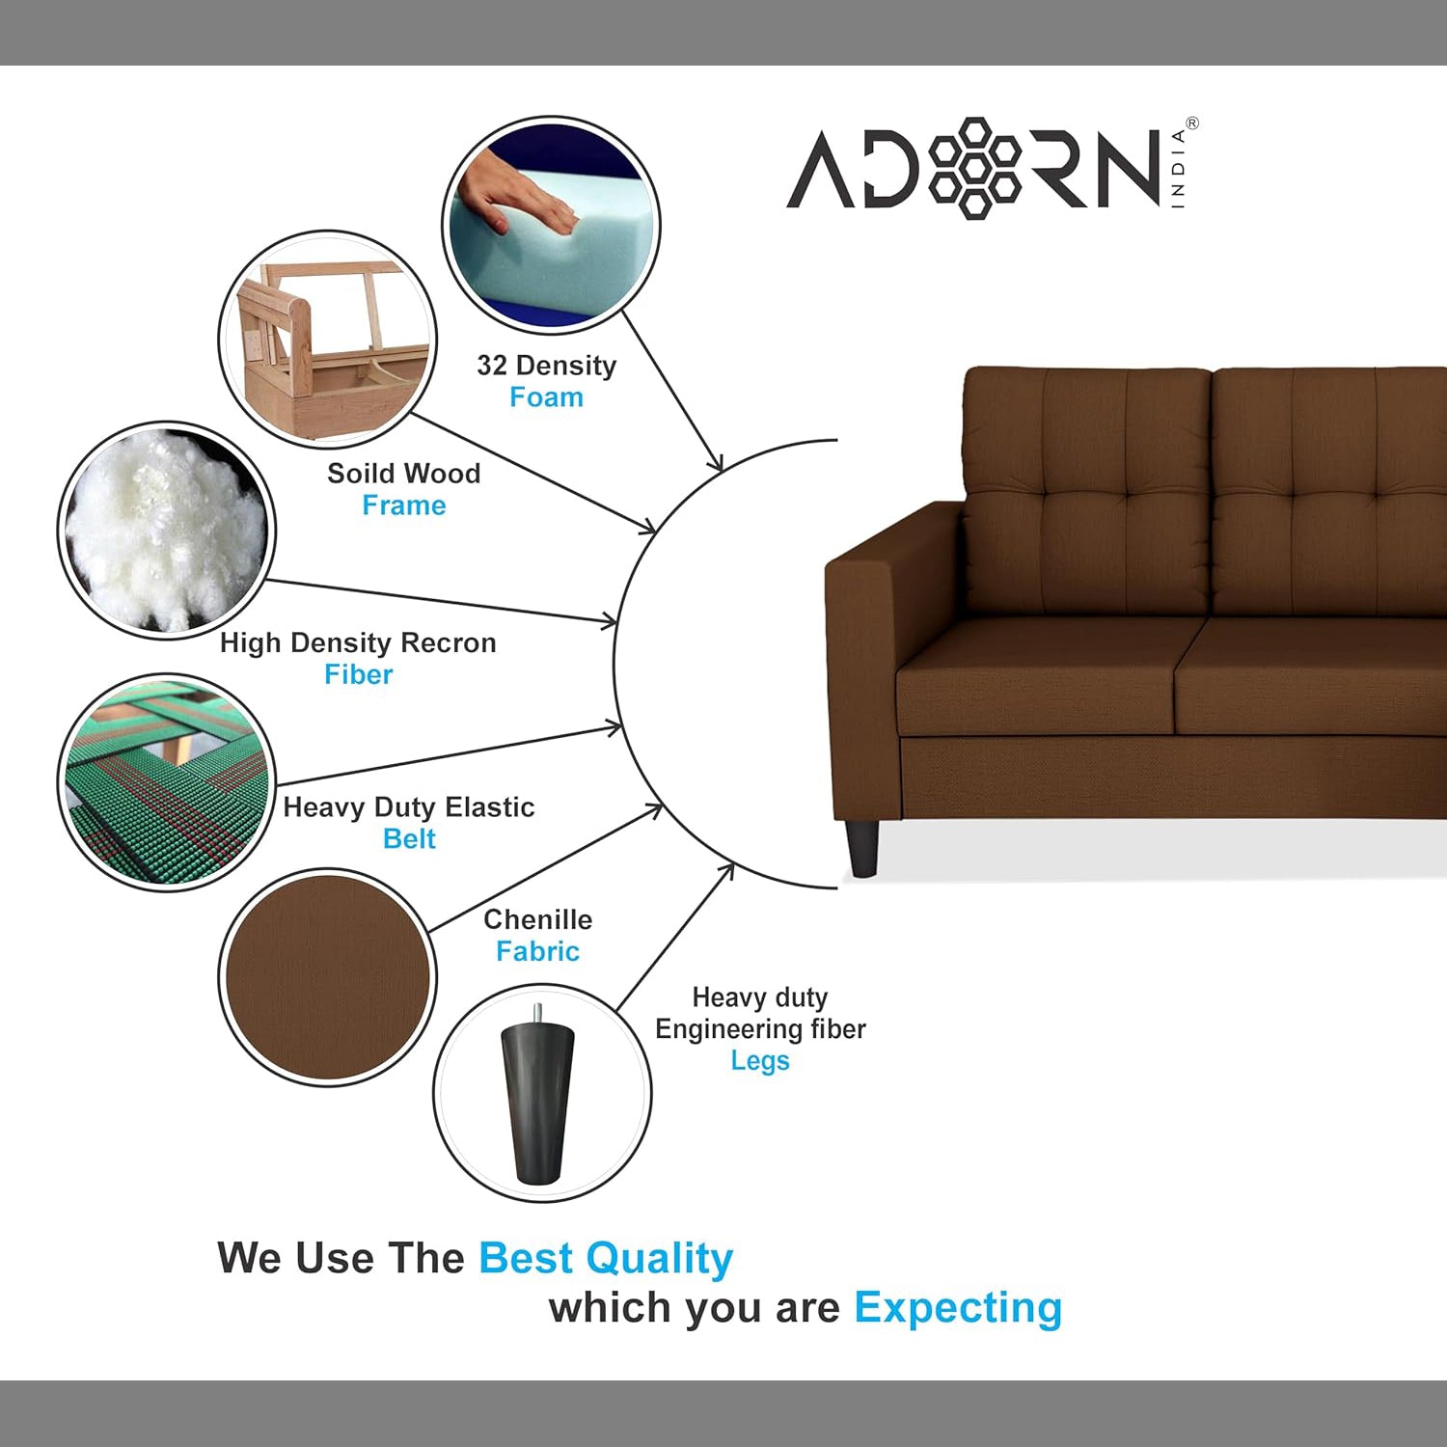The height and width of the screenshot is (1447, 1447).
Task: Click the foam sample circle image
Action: [551, 227]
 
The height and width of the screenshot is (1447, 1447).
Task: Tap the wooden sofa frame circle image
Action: [327, 339]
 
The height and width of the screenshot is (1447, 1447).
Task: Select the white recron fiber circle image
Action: [167, 530]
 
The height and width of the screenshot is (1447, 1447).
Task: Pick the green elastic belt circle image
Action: [167, 782]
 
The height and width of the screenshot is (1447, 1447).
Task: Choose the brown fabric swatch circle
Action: [327, 977]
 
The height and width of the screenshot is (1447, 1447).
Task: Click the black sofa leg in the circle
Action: [537, 1094]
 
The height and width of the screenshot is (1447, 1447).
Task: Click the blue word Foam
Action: [546, 397]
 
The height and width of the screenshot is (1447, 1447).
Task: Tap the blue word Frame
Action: [404, 505]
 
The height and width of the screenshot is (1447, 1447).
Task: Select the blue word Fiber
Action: [359, 674]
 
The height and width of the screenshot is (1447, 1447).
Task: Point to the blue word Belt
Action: [409, 838]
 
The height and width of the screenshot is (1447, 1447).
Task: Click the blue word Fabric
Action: [537, 951]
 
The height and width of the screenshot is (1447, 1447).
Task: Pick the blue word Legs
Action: [760, 1061]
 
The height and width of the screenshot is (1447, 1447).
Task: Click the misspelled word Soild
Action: [359, 473]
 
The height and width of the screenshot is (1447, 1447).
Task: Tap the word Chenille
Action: [537, 919]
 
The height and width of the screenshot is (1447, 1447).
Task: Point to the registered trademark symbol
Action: [1192, 123]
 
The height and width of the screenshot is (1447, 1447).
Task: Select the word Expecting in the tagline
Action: [958, 1309]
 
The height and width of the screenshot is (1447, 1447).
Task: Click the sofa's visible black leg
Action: [863, 847]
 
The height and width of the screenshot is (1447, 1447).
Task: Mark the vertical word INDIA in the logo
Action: [1178, 170]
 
